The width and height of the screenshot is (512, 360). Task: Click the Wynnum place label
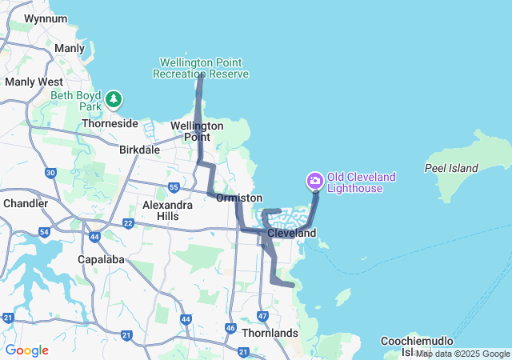point(46,18)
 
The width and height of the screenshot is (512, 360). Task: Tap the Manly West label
point(34,82)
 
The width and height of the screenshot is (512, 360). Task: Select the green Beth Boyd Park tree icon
point(115,99)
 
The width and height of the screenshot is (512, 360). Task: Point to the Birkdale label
point(139,150)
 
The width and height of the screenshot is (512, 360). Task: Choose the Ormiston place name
point(239,198)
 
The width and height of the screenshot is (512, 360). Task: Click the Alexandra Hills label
point(167,210)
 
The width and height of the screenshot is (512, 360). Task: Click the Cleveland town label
point(292,233)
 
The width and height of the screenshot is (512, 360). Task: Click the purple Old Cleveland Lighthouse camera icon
point(315,182)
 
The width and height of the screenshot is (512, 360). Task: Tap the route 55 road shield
point(174,188)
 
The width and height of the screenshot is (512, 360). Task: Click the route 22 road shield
point(128,222)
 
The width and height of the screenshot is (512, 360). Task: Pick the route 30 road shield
point(51,173)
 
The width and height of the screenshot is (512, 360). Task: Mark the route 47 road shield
point(263,316)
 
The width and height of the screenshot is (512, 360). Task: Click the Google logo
point(27,350)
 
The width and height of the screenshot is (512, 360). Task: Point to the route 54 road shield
point(44,232)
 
